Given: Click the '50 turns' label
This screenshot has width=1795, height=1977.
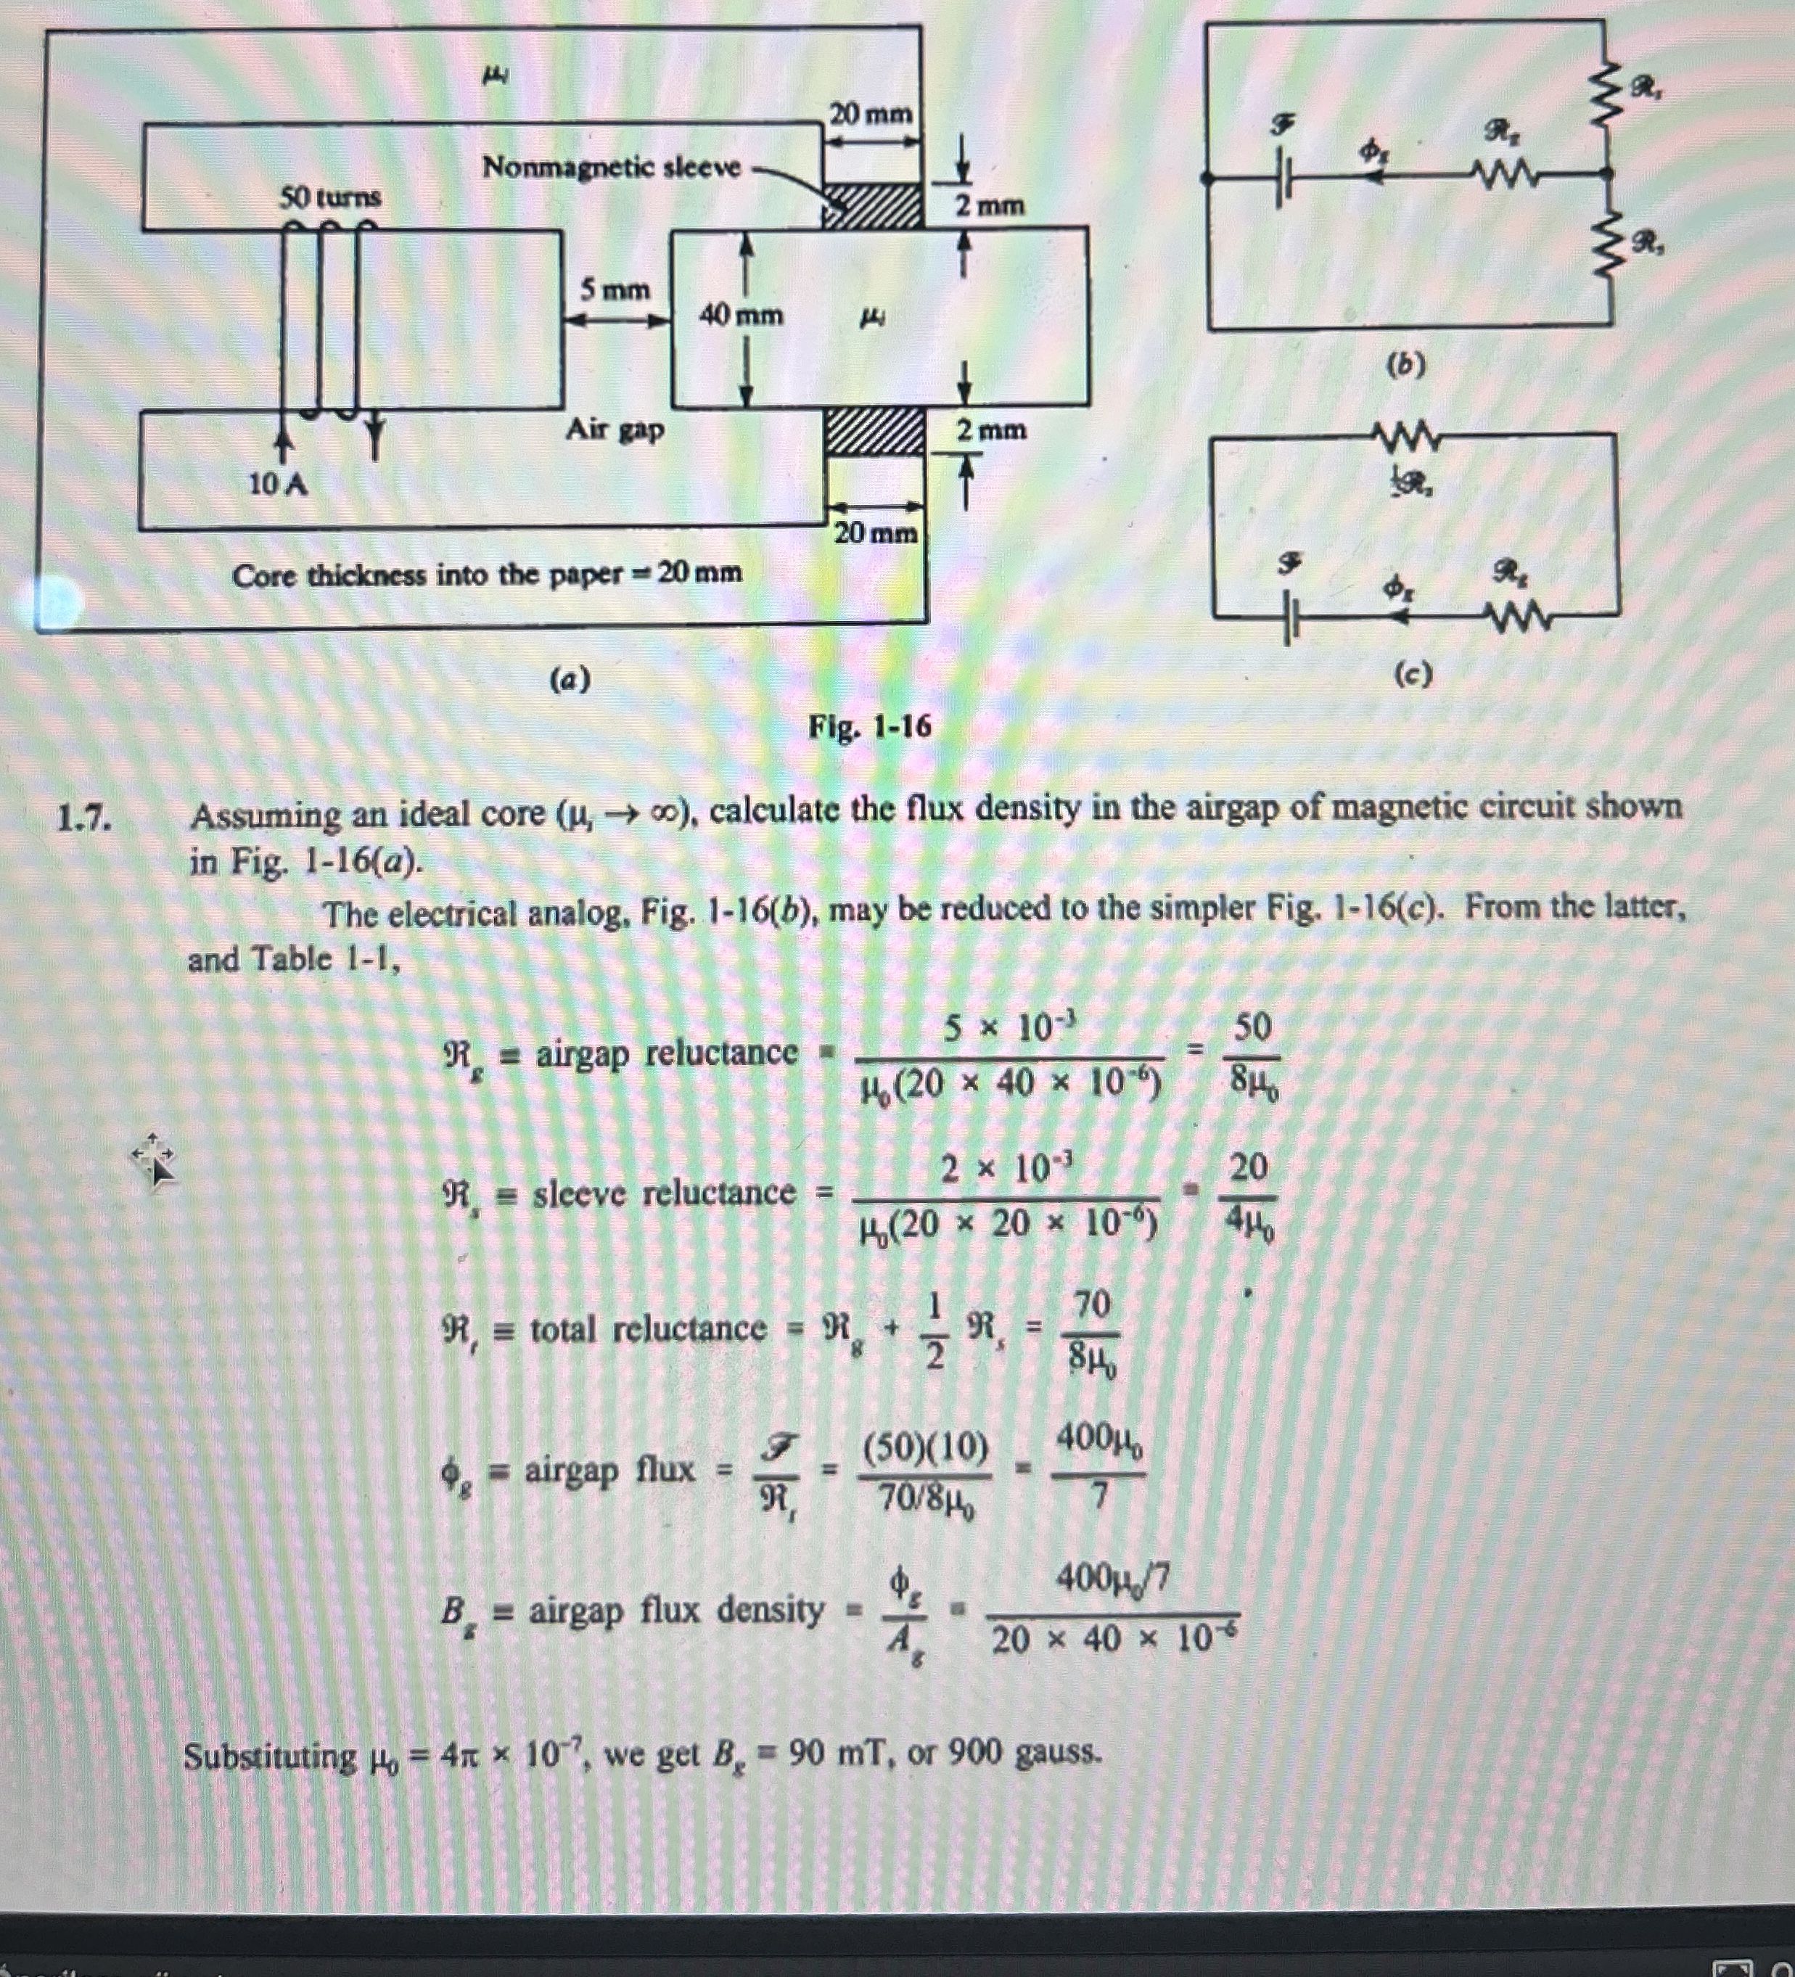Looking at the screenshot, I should pyautogui.click(x=331, y=198).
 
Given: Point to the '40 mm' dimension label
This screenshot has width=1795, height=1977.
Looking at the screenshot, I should pyautogui.click(x=742, y=316).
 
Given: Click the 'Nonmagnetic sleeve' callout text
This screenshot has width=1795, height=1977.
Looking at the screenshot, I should pyautogui.click(x=611, y=168).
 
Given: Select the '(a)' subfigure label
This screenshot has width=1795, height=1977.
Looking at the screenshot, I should pyautogui.click(x=570, y=678).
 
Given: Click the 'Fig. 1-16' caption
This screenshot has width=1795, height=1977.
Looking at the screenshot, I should pyautogui.click(x=869, y=727).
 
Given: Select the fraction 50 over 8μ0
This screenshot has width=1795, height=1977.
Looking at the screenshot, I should pyautogui.click(x=1252, y=1055).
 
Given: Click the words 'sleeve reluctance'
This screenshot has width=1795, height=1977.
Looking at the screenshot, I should pyautogui.click(x=663, y=1193).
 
